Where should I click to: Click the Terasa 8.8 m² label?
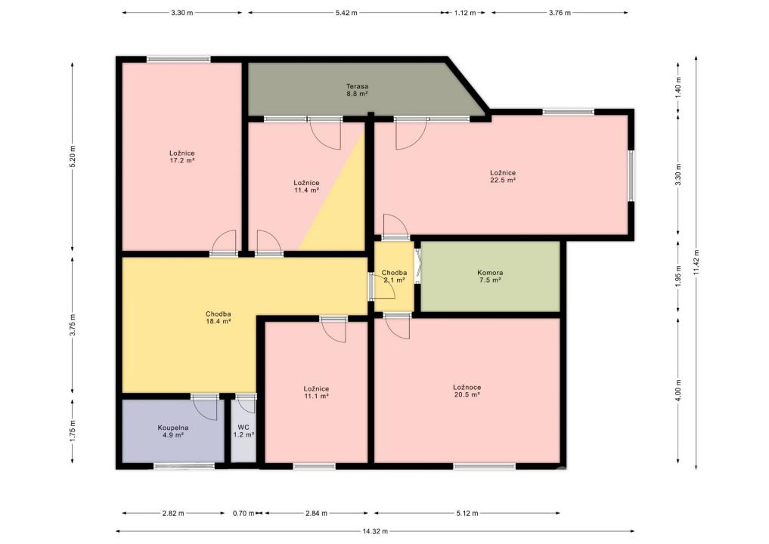pyautogui.click(x=357, y=90)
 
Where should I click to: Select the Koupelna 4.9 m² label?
pyautogui.click(x=172, y=431)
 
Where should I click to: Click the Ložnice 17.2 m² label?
pyautogui.click(x=182, y=156)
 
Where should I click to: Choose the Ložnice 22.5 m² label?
pyautogui.click(x=503, y=176)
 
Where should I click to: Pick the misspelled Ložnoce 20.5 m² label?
pyautogui.click(x=467, y=391)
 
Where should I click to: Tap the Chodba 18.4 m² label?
pyautogui.click(x=219, y=317)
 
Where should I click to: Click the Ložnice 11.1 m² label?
pyautogui.click(x=316, y=392)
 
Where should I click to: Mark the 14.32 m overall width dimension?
pyautogui.click(x=375, y=530)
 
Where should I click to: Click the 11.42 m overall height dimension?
pyautogui.click(x=696, y=263)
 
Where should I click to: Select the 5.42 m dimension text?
pyautogui.click(x=346, y=13)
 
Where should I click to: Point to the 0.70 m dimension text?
pyautogui.click(x=243, y=514)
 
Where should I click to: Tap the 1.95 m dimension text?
pyautogui.click(x=678, y=277)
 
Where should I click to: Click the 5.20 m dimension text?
pyautogui.click(x=73, y=157)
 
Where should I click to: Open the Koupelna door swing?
pyautogui.click(x=204, y=408)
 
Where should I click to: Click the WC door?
pyautogui.click(x=247, y=403)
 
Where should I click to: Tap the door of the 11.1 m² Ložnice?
pyautogui.click(x=333, y=330)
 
